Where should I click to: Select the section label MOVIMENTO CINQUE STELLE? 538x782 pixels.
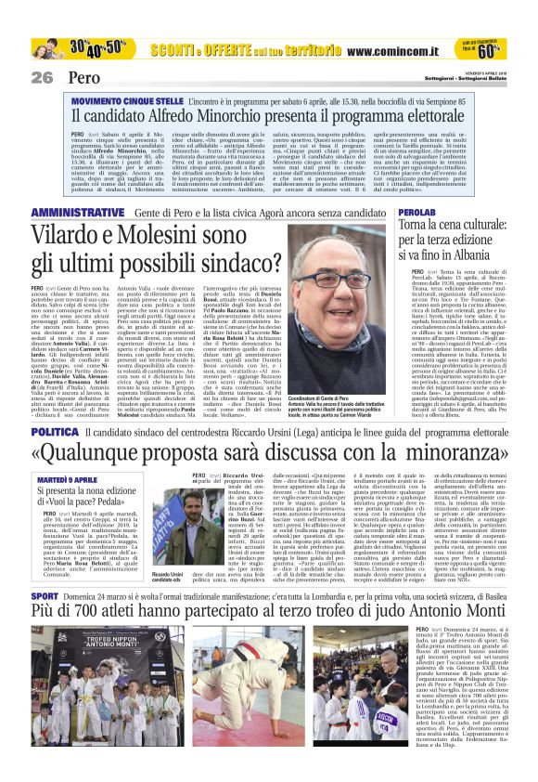[x=122, y=96]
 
